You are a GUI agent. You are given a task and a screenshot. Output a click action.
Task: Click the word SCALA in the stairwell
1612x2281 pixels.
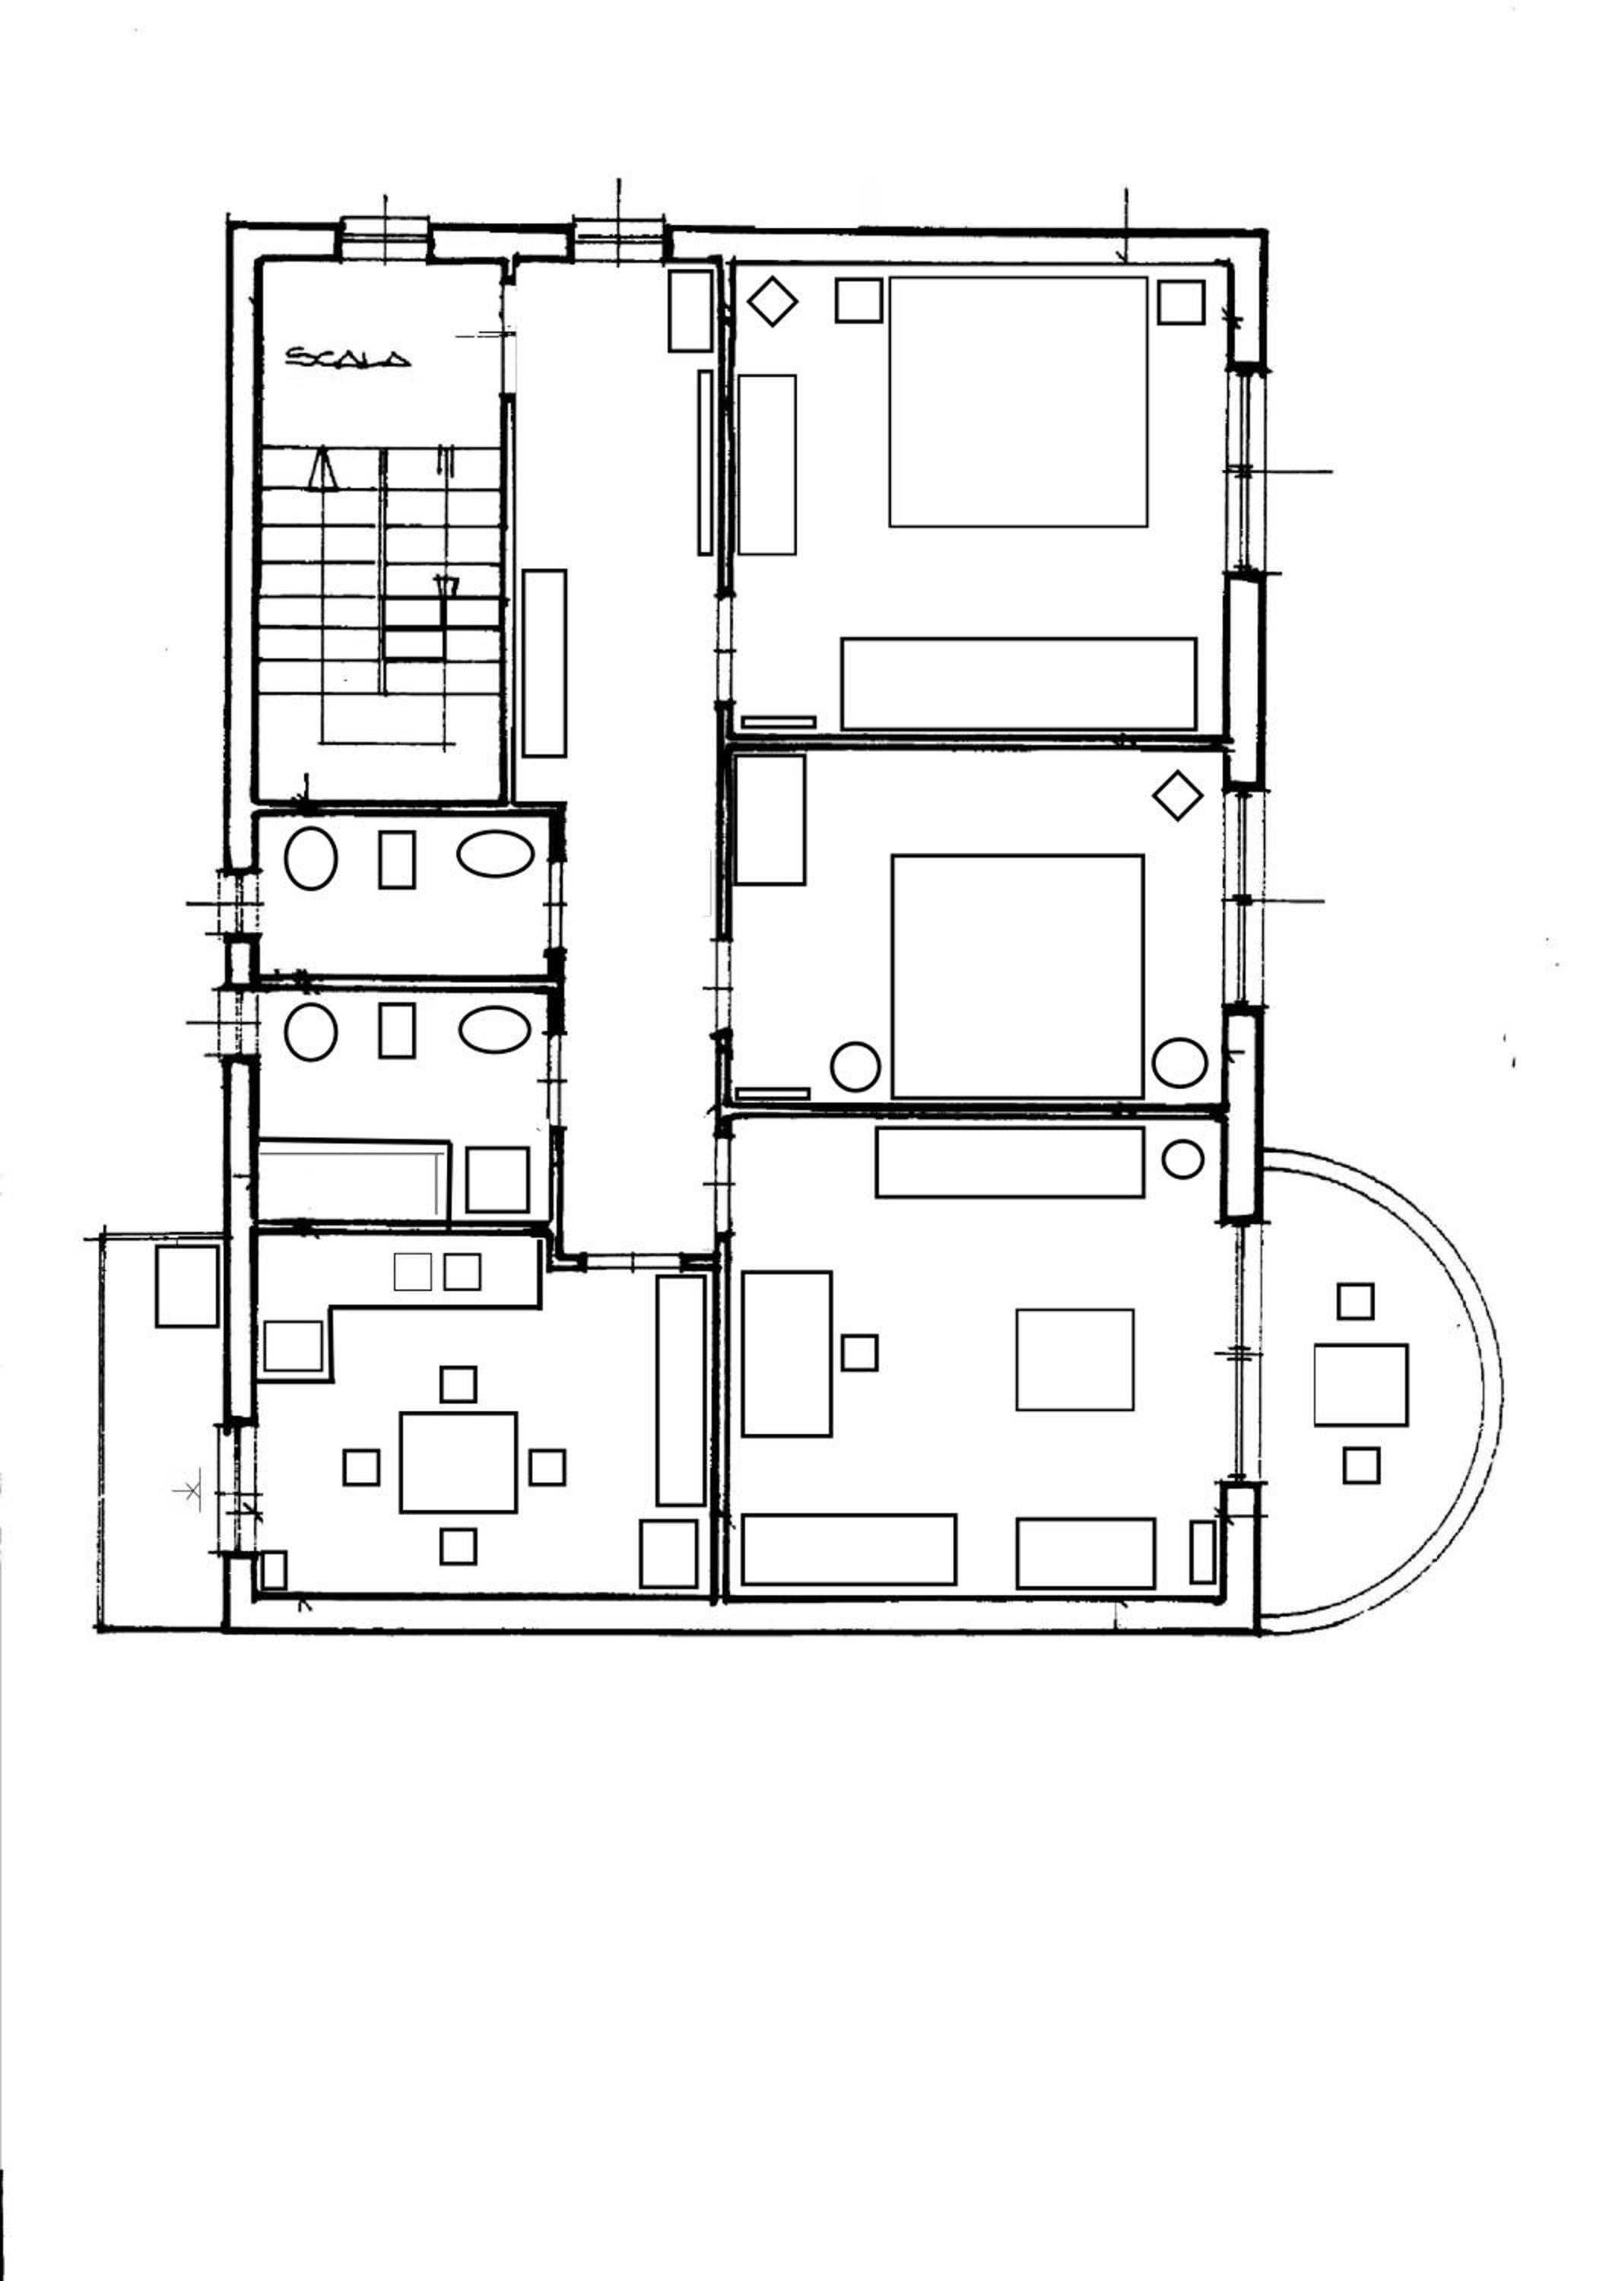click(x=347, y=357)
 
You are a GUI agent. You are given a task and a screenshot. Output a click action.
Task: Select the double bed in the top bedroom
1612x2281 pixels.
click(x=1018, y=401)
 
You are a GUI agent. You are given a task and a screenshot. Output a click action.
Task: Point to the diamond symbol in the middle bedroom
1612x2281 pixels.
click(x=1178, y=796)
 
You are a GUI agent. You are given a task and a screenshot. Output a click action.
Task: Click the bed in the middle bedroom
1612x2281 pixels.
click(x=1018, y=976)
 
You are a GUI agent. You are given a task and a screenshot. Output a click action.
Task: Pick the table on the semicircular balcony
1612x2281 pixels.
click(x=1361, y=1384)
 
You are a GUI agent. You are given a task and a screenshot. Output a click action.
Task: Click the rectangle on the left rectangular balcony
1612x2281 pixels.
click(x=187, y=1286)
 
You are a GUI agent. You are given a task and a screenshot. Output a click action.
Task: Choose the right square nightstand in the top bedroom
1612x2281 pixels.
click(x=1181, y=302)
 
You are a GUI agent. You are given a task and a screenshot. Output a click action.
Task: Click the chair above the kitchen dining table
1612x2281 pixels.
click(x=458, y=1384)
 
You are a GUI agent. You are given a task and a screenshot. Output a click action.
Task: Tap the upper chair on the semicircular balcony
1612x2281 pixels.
click(x=1355, y=1302)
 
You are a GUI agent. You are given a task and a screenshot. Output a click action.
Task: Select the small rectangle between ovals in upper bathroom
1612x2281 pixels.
click(x=397, y=859)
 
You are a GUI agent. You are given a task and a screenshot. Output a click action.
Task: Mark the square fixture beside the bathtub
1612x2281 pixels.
click(x=497, y=1179)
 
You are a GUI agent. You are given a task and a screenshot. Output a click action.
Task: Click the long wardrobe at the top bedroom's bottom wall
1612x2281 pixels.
click(x=1018, y=684)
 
